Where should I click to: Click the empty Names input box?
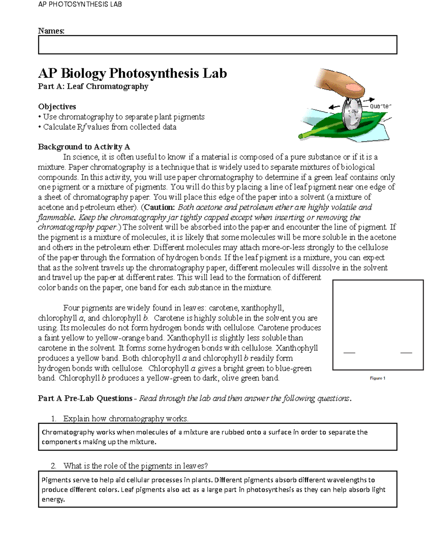217,45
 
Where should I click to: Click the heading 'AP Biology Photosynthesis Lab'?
132,73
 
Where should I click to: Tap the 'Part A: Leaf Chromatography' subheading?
93,86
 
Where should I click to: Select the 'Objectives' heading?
57,107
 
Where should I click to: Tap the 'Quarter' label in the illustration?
380,106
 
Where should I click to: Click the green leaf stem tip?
302,136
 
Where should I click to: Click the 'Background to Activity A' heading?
84,147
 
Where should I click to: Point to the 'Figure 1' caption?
378,378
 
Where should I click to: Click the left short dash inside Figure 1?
349,353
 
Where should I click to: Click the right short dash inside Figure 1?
406,353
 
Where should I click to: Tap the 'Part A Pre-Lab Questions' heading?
85,398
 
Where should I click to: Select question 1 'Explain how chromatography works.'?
126,419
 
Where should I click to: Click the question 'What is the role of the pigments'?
135,466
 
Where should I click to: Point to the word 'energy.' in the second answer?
53,500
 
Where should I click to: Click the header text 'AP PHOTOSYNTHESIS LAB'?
80,4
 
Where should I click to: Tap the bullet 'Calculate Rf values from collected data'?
109,127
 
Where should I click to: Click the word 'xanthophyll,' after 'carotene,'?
262,308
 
